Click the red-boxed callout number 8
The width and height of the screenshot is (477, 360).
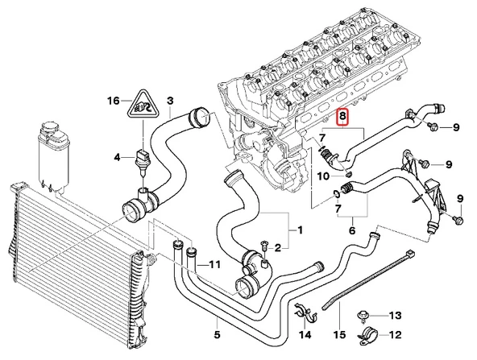pos(343,118)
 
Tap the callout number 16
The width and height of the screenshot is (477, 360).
pos(114,101)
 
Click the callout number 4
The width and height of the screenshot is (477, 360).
pos(117,156)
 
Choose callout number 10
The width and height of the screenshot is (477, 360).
pos(321,175)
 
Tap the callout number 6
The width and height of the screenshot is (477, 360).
pos(351,230)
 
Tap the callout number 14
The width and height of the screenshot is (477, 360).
pos(305,334)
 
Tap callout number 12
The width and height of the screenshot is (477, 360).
pos(395,335)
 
